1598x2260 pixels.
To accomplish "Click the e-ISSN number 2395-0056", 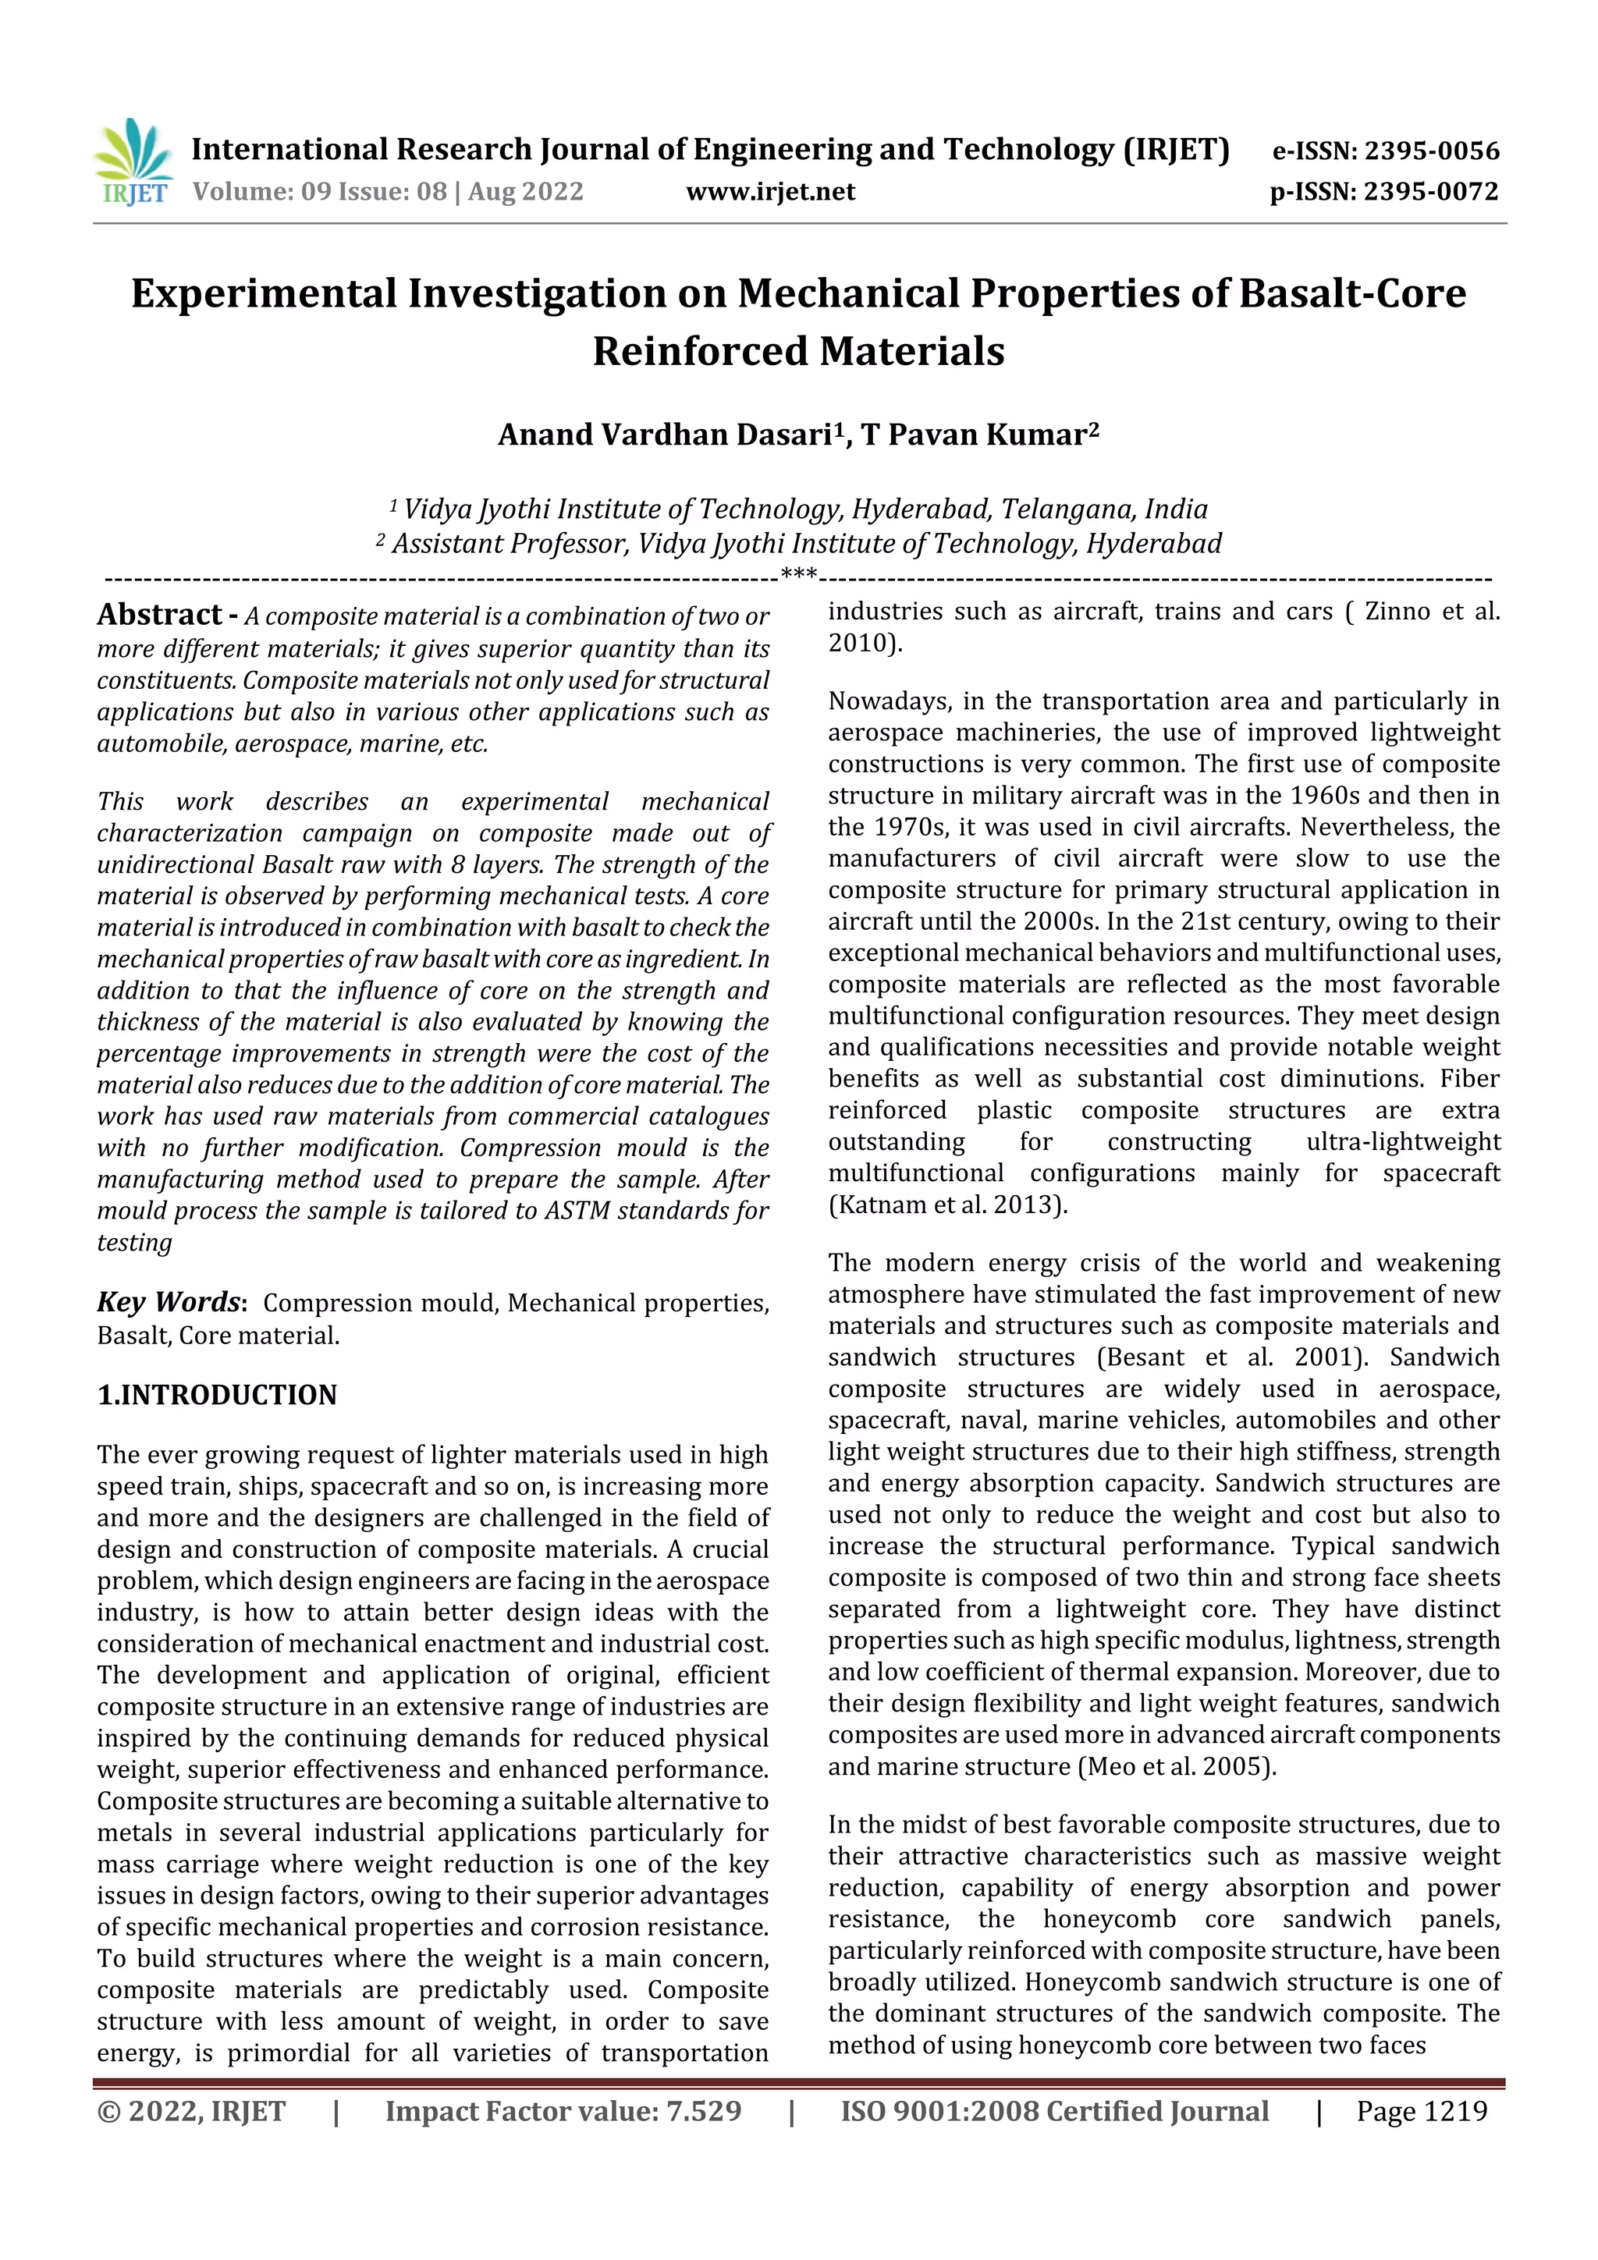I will coord(1430,151).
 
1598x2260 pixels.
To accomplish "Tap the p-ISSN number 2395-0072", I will coord(1430,192).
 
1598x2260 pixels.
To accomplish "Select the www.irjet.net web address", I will coord(770,192).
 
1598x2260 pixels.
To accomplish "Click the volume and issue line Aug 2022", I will coord(388,192).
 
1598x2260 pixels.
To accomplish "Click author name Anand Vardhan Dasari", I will coord(666,435).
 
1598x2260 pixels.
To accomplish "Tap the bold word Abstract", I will coord(159,616).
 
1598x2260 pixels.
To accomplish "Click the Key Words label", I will coord(169,1302).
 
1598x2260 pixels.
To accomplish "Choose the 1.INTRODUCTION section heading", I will coord(217,1395).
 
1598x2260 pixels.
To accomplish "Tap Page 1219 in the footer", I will coord(1421,2111).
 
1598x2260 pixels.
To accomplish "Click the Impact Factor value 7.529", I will coord(563,2111).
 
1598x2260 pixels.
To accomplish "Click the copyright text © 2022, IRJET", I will coord(191,2111).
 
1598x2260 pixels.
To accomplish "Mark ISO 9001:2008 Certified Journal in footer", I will coord(1053,2111).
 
